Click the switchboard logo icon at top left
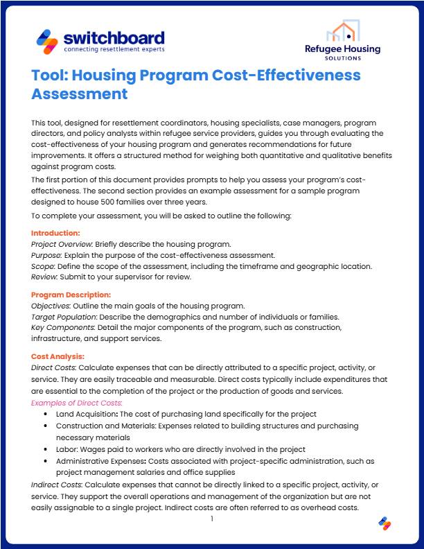click(47, 42)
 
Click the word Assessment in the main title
click(80, 93)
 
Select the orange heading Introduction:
click(55, 233)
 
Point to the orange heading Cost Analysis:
click(58, 356)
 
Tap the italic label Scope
click(44, 266)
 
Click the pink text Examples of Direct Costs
click(76, 402)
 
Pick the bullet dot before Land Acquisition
click(46, 414)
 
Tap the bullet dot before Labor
click(46, 449)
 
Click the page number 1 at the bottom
click(212, 518)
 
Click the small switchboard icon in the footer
click(385, 524)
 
